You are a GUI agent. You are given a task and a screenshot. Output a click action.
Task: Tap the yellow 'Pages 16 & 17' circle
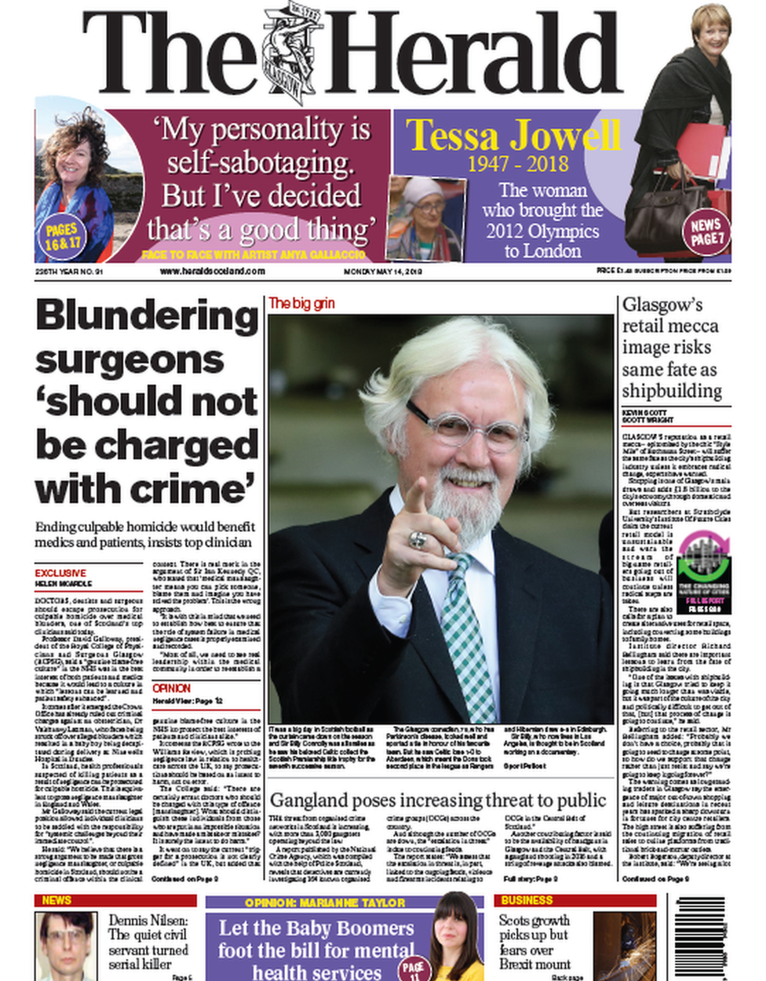62,236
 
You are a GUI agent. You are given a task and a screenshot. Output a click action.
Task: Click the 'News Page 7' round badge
706,232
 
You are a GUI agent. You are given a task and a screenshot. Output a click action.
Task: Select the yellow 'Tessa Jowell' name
513,135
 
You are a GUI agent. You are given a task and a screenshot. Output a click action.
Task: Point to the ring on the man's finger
418,540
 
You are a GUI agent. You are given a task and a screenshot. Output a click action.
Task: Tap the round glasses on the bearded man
466,429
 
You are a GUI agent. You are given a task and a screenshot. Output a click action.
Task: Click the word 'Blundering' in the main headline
147,316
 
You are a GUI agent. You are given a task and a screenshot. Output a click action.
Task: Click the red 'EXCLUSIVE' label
60,573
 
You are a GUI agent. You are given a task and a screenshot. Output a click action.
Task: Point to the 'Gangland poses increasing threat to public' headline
438,800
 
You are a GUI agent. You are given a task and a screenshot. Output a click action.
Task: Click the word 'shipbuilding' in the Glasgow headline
672,390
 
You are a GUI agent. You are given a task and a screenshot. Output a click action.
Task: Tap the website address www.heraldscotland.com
212,272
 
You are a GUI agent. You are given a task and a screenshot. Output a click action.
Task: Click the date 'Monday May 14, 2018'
383,272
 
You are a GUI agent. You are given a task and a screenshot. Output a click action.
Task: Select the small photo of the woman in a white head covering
426,218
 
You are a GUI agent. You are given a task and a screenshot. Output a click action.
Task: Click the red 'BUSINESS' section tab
527,900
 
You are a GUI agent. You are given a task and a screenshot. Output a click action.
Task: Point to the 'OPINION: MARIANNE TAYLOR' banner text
325,903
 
